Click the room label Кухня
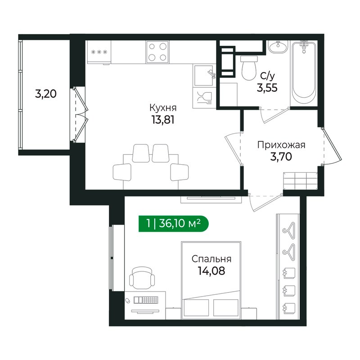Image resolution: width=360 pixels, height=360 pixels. click(162, 108)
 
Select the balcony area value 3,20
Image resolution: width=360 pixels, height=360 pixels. click(45, 94)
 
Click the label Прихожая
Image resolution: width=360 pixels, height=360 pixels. click(281, 145)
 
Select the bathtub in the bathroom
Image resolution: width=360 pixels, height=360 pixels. click(304, 74)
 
